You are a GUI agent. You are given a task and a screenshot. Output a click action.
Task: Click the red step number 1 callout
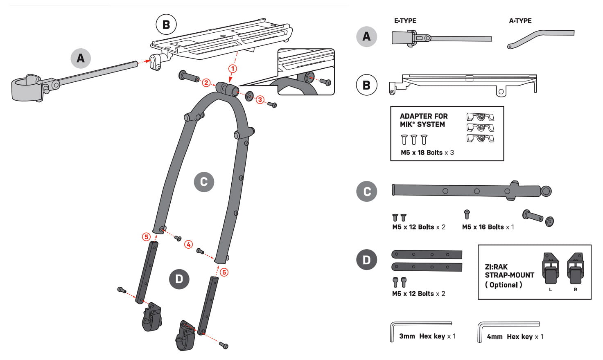click(233, 68)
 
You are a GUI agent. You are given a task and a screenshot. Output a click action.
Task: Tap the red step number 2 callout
click(206, 83)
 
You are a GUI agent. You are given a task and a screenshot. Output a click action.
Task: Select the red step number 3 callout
click(260, 99)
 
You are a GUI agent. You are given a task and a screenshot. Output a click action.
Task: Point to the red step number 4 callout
click(188, 244)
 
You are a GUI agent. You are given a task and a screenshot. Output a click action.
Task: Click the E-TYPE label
click(405, 21)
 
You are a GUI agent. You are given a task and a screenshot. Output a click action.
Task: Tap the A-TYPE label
click(520, 21)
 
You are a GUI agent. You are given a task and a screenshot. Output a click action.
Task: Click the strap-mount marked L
click(550, 269)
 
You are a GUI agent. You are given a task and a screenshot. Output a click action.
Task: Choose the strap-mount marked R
click(575, 269)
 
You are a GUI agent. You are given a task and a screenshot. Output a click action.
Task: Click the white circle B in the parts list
click(366, 85)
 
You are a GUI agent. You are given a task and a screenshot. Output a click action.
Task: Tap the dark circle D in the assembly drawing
click(179, 279)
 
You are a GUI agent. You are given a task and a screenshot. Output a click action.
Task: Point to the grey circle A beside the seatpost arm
click(81, 58)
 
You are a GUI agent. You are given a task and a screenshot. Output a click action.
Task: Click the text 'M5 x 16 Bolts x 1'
click(488, 227)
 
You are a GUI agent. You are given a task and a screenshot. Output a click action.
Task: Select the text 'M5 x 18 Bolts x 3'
click(427, 153)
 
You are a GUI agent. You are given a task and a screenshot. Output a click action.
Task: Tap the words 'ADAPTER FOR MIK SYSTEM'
click(423, 120)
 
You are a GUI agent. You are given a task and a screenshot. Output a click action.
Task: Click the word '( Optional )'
click(503, 285)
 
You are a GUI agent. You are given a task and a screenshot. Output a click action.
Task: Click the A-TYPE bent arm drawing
click(540, 38)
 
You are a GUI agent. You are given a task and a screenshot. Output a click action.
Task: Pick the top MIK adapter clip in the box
click(480, 117)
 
